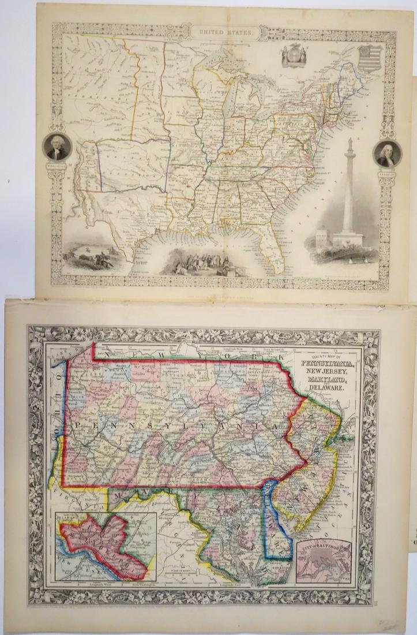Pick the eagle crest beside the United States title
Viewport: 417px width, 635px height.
[x=291, y=58]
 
